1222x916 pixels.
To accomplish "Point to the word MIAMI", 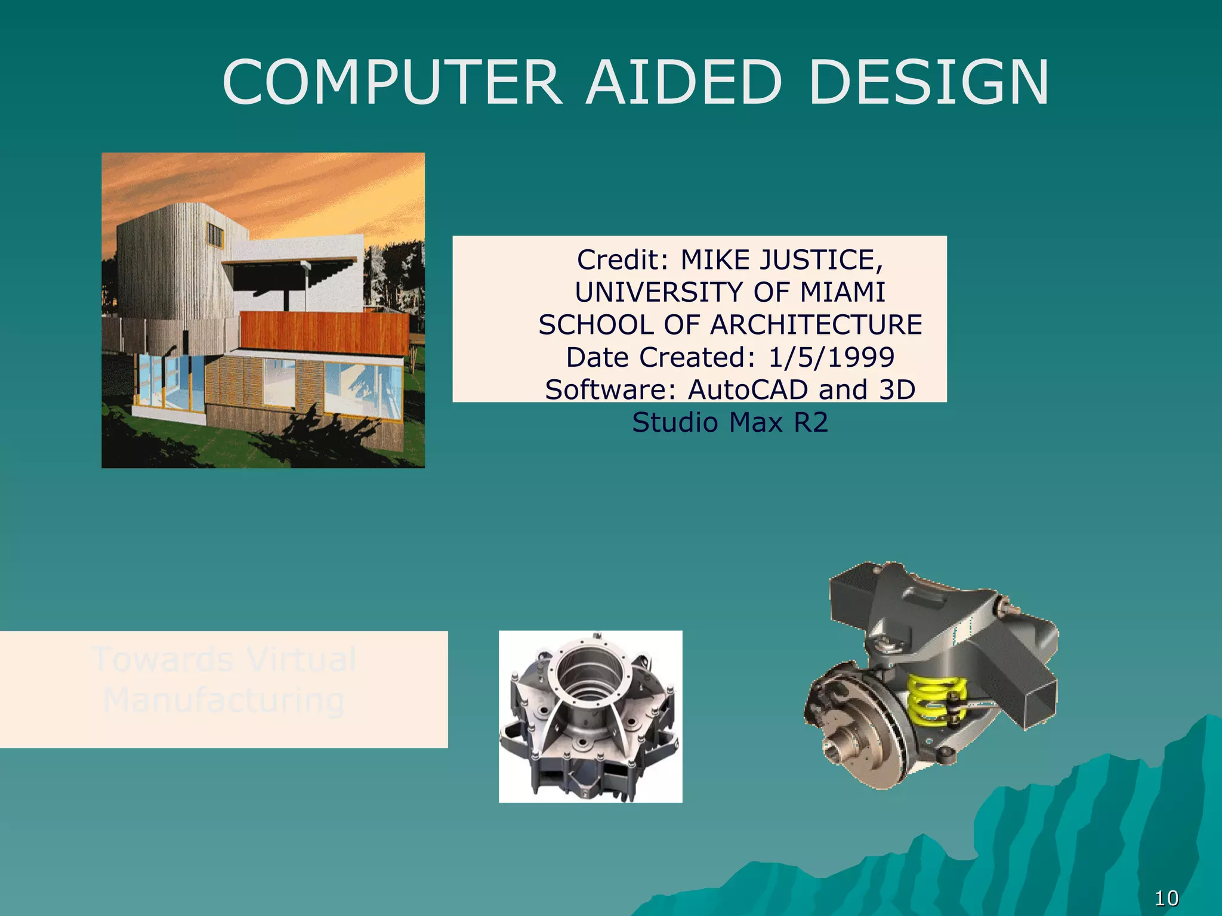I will pyautogui.click(x=843, y=292).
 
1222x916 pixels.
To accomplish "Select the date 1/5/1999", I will pyautogui.click(x=831, y=357).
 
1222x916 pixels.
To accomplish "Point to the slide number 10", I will pyautogui.click(x=1167, y=898).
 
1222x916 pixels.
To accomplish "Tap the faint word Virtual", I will pyautogui.click(x=301, y=660).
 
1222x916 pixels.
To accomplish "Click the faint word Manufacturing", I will pyautogui.click(x=224, y=700).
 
